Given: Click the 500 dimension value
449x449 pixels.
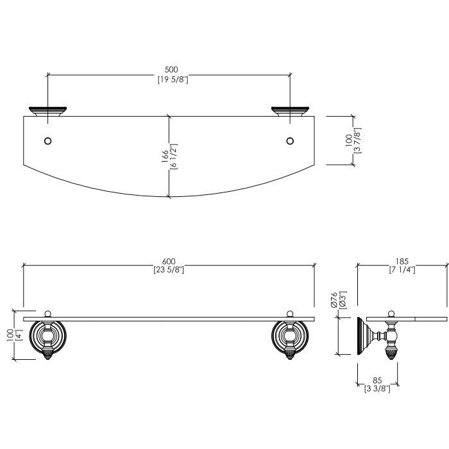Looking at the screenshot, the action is pyautogui.click(x=171, y=69).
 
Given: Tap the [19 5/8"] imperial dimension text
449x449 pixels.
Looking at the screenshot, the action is pyautogui.click(x=173, y=80).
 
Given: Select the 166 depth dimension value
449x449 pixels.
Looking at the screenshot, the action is pyautogui.click(x=165, y=157).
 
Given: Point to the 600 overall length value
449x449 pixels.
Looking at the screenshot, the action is pyautogui.click(x=169, y=261).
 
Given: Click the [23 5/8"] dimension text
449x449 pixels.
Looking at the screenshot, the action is pyautogui.click(x=169, y=270).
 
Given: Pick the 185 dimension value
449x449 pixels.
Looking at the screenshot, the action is pyautogui.click(x=402, y=261).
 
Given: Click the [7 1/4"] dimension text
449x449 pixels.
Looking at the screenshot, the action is pyautogui.click(x=402, y=270).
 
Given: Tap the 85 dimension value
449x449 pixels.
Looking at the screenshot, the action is pyautogui.click(x=377, y=380).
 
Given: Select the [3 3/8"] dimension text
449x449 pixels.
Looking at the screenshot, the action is pyautogui.click(x=377, y=389).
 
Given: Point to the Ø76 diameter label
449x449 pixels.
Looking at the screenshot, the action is pyautogui.click(x=334, y=300).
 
